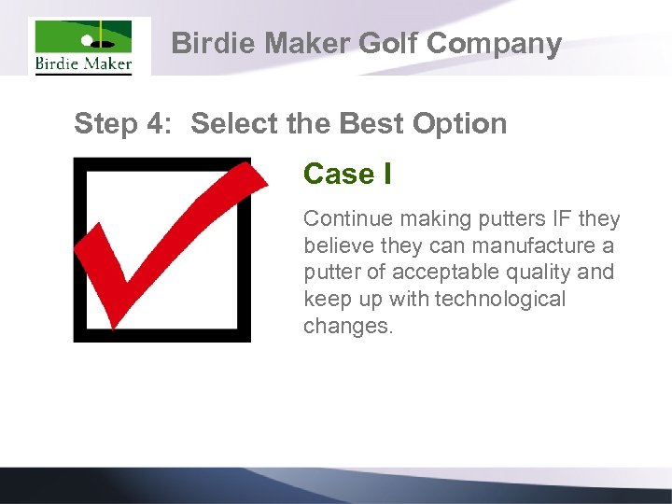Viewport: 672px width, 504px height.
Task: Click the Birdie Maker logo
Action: pos(84,47)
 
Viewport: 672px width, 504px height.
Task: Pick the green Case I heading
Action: pos(347,174)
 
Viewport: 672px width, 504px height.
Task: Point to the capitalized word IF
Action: pos(563,218)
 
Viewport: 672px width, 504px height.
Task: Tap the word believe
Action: pos(337,245)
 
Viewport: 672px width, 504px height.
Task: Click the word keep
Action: pos(324,300)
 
